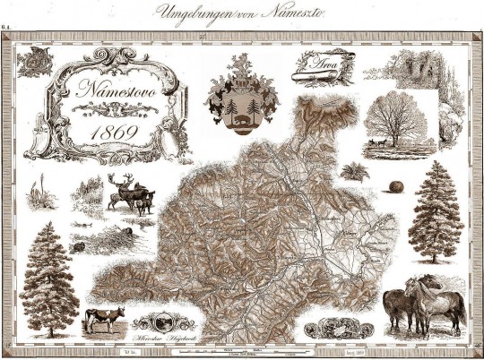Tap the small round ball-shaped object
(x=396, y=186)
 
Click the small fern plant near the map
(x=353, y=170)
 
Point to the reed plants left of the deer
(x=39, y=193)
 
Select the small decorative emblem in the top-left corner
(x=37, y=63)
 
